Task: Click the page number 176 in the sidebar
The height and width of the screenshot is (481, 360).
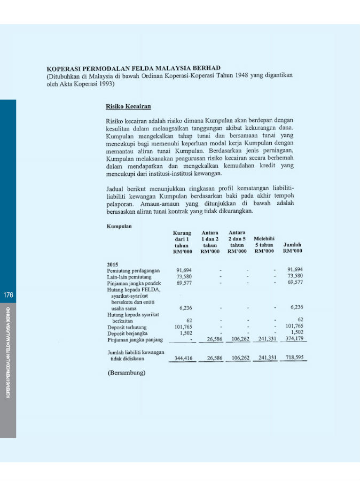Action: coord(8,295)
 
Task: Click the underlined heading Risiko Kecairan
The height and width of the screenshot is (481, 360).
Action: coord(128,107)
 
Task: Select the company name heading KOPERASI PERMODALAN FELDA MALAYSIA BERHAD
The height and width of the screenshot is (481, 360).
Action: coord(134,68)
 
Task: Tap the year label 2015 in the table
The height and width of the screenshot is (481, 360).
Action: coord(113,264)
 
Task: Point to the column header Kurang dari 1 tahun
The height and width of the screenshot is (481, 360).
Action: coord(182,242)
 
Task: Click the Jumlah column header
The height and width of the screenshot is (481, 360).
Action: coord(293,247)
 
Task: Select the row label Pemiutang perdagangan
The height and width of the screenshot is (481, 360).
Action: coord(134,270)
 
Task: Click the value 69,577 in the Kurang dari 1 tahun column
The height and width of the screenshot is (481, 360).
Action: coord(183,282)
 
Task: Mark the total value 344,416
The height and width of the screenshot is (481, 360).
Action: coord(183,358)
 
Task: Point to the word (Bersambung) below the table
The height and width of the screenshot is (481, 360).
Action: coord(127,373)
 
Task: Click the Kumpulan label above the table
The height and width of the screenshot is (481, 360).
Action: coord(120,226)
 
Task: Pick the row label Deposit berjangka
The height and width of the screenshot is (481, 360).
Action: coord(126,332)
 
